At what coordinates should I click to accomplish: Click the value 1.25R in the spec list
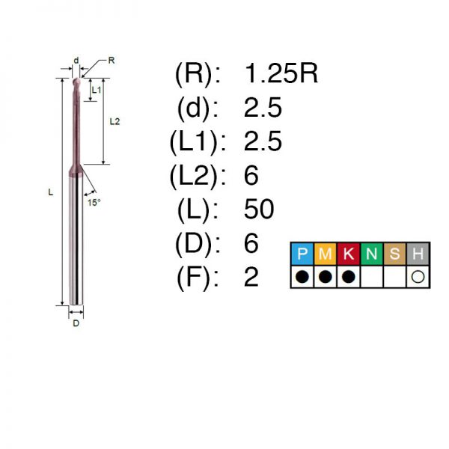click(281, 73)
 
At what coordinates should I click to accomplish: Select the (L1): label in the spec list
click(198, 142)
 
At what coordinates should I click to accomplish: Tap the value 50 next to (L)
click(259, 209)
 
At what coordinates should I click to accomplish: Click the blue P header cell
click(302, 254)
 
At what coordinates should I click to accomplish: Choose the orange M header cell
click(326, 254)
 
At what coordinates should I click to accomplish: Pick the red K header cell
click(349, 254)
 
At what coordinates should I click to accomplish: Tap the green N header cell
click(372, 254)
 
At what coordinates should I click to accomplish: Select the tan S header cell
click(395, 254)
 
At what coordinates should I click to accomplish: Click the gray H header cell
click(418, 254)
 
